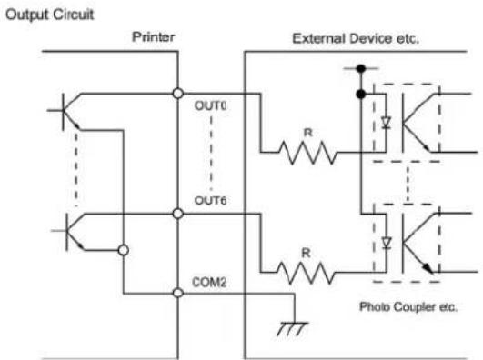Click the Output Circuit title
50,15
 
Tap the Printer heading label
154,37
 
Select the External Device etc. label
356,39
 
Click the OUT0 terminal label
210,105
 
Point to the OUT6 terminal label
210,201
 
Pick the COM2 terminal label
209,282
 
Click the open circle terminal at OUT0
178,94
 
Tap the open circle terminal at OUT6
178,214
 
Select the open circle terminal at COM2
178,293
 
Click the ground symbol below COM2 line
292,328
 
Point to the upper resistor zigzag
307,153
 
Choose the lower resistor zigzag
306,273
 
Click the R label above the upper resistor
307,133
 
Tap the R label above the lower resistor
306,253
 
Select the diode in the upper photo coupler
386,123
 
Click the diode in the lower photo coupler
387,243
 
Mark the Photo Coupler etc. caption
408,306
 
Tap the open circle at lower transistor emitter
124,250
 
